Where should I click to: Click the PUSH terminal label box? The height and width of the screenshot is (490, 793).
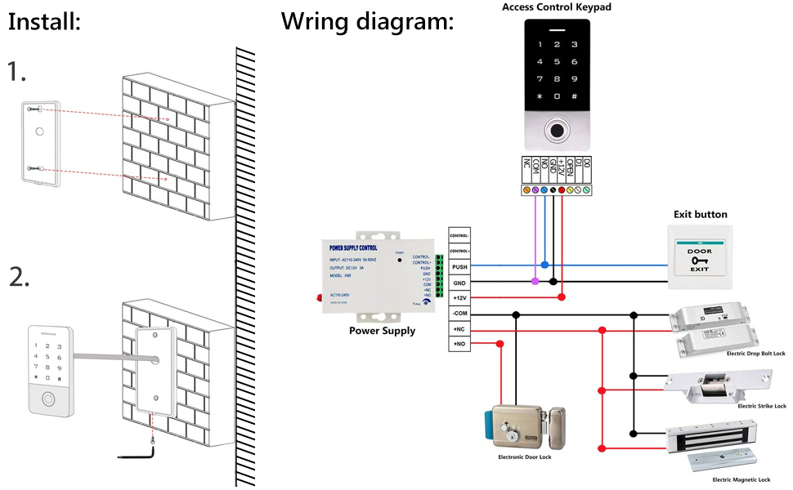point(459,266)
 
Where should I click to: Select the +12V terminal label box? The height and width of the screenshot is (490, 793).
point(459,297)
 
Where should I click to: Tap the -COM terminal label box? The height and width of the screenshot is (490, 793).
point(459,314)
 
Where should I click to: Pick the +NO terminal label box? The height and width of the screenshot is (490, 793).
point(459,345)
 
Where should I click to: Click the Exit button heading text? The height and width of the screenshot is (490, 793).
point(700,214)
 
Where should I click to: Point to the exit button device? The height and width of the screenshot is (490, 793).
point(699,258)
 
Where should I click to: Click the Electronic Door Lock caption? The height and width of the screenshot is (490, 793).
point(525,457)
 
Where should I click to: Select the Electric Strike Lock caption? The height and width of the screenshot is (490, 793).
point(761,406)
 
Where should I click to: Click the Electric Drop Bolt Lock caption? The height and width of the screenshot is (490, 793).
point(755,354)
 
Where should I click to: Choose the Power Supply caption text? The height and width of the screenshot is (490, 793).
point(382,331)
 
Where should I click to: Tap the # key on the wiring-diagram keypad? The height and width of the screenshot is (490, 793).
point(576,96)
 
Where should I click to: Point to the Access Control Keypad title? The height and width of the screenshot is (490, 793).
point(556,7)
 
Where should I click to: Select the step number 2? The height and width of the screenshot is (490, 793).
point(19,278)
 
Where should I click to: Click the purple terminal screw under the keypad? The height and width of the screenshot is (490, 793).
point(535,189)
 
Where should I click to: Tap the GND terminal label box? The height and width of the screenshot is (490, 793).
point(459,282)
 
